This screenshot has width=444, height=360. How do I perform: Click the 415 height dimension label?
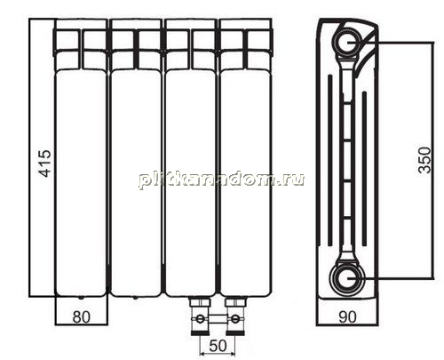coord(45,164)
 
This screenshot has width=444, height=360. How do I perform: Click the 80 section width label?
coord(81,317)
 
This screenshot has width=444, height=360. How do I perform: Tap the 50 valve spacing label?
coord(218,346)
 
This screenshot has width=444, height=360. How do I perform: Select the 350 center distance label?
coord(424,160)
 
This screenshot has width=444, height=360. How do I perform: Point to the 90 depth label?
coord(347,317)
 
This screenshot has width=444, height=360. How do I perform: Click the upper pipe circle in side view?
coord(348,42)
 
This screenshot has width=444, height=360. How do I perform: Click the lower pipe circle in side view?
coord(348,279)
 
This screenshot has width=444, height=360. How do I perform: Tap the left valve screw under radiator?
coord(201,319)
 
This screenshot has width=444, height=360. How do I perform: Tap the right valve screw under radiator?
coord(234,319)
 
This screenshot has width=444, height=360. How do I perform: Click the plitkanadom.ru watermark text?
coord(221,180)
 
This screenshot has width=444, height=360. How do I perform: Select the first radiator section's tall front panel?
coord(81,183)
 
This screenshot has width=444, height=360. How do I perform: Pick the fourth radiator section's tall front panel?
coord(246,183)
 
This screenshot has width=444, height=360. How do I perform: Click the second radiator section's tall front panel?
coord(136,183)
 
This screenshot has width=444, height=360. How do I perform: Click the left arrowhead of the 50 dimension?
coord(202,354)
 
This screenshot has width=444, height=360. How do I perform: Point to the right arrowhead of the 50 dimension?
coord(233,354)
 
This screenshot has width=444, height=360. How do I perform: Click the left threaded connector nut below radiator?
coord(200,302)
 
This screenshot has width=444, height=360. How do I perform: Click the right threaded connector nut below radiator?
coord(235,302)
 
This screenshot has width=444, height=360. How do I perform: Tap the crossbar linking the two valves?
coord(218,319)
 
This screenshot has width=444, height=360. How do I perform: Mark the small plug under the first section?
coord(81,297)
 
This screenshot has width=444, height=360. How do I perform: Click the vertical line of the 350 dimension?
coord(432,160)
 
